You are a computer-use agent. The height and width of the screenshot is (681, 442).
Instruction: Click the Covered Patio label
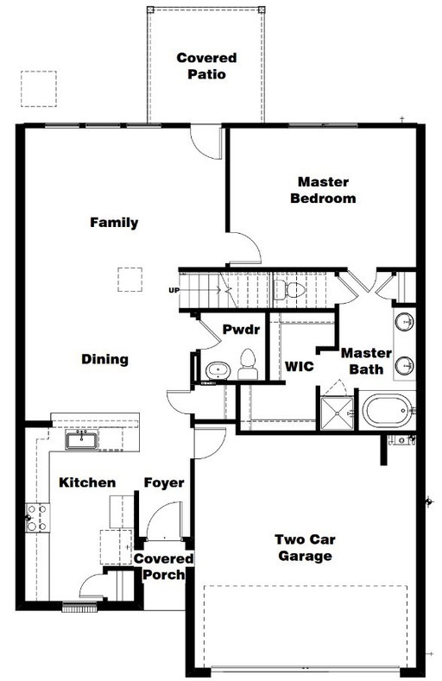coord(206,66)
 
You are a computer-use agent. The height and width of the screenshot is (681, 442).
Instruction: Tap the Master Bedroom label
coord(323,190)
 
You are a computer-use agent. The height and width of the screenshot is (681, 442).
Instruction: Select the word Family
coord(114,223)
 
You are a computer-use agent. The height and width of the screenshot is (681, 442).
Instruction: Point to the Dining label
coord(105,359)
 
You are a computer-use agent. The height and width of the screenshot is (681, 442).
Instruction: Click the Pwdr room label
coord(241,329)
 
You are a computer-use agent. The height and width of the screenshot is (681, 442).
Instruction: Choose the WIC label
coord(300,366)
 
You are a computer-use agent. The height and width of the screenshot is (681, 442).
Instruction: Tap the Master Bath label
coord(366,361)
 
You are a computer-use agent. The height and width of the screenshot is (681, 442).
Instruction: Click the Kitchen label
coord(87,482)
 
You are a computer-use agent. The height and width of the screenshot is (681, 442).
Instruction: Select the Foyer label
coord(164,483)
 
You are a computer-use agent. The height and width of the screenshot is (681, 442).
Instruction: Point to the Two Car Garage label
coord(305,548)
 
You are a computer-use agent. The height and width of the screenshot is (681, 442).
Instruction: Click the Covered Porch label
coord(164,567)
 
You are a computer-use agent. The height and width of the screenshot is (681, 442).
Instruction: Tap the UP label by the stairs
coord(174,290)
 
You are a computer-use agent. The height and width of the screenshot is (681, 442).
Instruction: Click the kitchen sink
coord(82,440)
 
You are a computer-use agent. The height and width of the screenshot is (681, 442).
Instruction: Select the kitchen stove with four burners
coord(37,517)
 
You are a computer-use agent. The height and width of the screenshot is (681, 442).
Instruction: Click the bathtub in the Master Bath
coord(388,411)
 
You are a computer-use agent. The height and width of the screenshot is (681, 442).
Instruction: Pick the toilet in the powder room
coord(248,365)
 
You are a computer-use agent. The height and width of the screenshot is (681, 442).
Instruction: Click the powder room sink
coord(218,370)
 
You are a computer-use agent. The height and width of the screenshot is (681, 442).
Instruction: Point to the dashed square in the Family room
coord(129,280)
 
